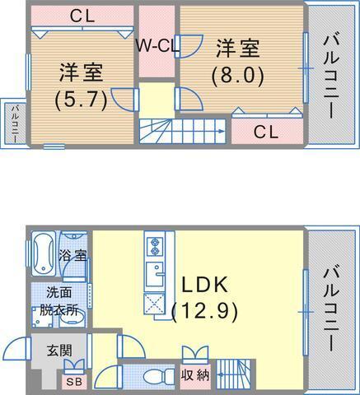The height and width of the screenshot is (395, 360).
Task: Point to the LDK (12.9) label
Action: (x=205, y=298)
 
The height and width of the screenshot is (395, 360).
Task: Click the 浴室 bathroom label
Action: (x=74, y=255)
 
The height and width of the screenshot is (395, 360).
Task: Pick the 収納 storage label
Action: (x=195, y=375)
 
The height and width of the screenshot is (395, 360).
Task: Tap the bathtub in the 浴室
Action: (x=43, y=254)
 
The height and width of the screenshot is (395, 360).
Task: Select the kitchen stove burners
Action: (x=155, y=244)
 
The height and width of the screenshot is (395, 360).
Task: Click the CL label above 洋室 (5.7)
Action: (x=81, y=16)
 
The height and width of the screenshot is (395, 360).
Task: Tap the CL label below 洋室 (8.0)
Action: (x=265, y=131)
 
